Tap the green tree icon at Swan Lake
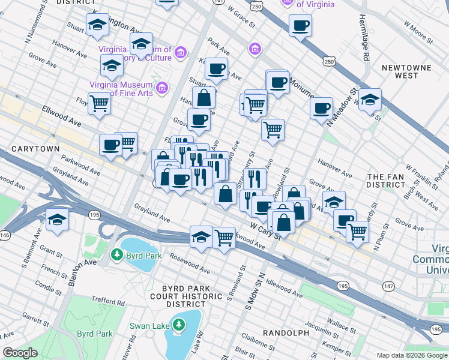coord(178,326)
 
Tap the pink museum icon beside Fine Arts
coord(161,89)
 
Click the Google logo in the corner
coord(20,353)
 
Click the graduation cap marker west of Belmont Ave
coord(58,219)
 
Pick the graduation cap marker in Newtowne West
coord(370,98)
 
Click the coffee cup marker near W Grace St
coord(300,25)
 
